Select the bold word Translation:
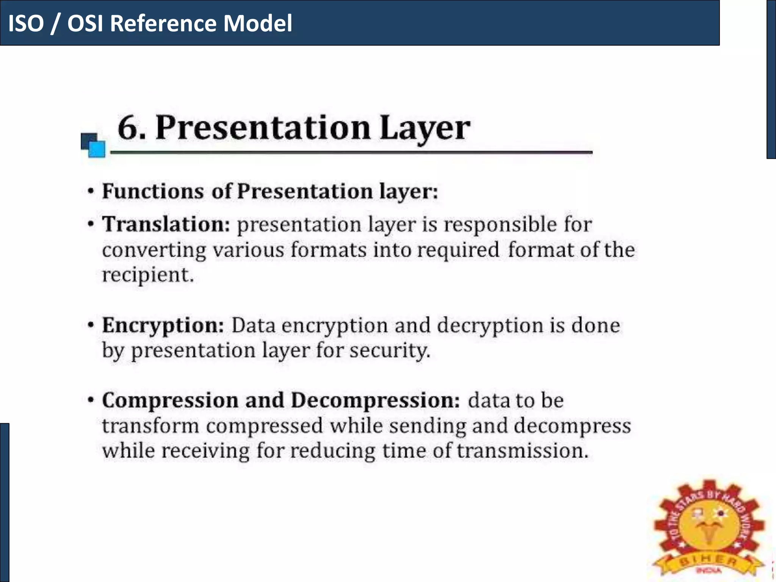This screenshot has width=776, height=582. point(166,224)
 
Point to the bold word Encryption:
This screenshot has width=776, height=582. point(163,325)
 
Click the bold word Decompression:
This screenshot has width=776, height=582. point(375,401)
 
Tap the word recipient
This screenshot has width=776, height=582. point(148,275)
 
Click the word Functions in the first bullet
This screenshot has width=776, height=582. point(153,191)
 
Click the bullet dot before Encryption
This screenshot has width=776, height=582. point(90,325)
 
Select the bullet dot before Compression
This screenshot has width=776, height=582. point(90,400)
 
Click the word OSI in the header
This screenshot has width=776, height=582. point(85,23)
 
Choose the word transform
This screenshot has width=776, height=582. point(150,426)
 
